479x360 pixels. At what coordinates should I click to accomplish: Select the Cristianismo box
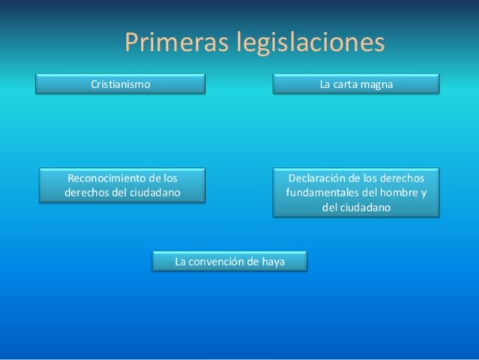(x=120, y=84)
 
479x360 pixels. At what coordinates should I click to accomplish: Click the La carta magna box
(x=356, y=84)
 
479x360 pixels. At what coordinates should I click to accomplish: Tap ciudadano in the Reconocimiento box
(x=155, y=193)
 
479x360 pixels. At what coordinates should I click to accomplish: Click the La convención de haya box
(x=229, y=261)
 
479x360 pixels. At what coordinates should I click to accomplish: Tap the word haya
(x=273, y=262)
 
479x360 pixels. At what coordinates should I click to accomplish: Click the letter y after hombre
(x=424, y=193)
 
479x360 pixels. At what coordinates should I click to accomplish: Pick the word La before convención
(x=181, y=261)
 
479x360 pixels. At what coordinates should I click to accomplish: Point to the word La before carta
(x=325, y=84)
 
